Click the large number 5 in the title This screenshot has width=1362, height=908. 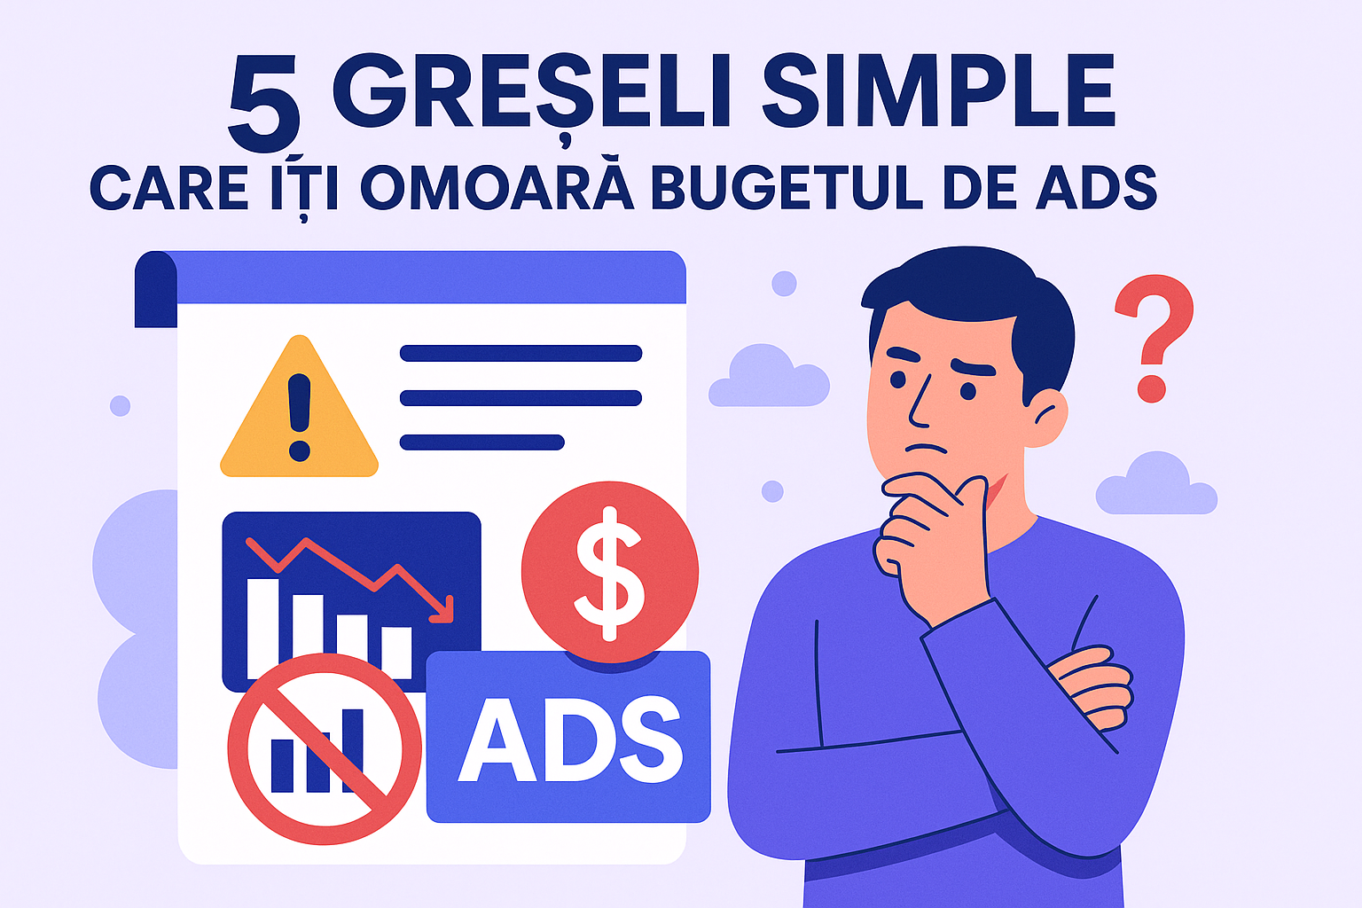click(264, 104)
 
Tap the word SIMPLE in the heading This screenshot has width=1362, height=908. click(938, 91)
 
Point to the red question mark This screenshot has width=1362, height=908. click(1154, 338)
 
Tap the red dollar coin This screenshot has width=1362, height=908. click(610, 572)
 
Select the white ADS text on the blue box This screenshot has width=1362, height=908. click(570, 739)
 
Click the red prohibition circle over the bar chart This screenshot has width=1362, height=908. click(325, 749)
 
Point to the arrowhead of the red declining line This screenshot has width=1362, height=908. click(446, 612)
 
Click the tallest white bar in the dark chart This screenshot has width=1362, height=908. click(262, 628)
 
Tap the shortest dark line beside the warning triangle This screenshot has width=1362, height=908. click(481, 442)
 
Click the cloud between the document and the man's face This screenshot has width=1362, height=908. click(769, 376)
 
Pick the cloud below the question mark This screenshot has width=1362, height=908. click(1156, 484)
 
